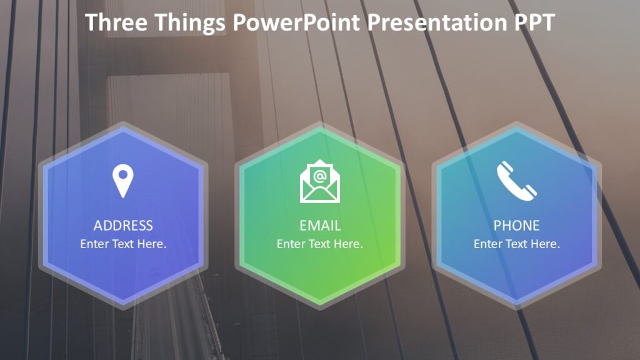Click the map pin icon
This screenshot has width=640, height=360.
pyautogui.click(x=123, y=181)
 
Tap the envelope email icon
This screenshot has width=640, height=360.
pyautogui.click(x=320, y=182)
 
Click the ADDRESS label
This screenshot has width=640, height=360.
pyautogui.click(x=123, y=226)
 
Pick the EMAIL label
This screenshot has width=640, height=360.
pyautogui.click(x=320, y=226)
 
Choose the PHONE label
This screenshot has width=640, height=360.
pyautogui.click(x=516, y=226)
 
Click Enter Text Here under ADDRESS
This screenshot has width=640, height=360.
pyautogui.click(x=123, y=244)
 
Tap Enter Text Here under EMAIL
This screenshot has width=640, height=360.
pyautogui.click(x=320, y=244)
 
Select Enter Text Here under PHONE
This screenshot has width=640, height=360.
pyautogui.click(x=516, y=244)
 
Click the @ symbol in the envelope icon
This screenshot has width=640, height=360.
pyautogui.click(x=320, y=176)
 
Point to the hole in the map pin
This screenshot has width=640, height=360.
pyautogui.click(x=123, y=174)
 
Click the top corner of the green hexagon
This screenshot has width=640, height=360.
pyautogui.click(x=320, y=127)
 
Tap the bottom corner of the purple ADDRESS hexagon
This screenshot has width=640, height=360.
pyautogui.click(x=123, y=305)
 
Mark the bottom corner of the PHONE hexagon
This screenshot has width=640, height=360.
pyautogui.click(x=516, y=305)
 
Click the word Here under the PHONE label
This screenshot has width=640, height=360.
pyautogui.click(x=547, y=244)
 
